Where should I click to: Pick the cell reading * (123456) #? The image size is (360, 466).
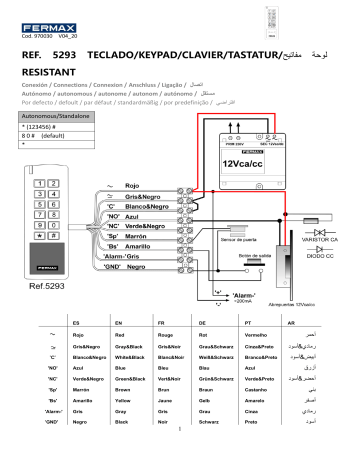(45, 128)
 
